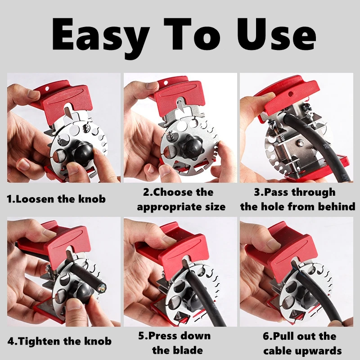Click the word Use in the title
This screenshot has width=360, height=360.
click(276, 34)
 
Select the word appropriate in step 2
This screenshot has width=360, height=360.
click(170, 207)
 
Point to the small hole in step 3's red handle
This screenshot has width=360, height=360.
click(290, 94)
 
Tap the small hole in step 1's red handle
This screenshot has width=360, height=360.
click(47, 89)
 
